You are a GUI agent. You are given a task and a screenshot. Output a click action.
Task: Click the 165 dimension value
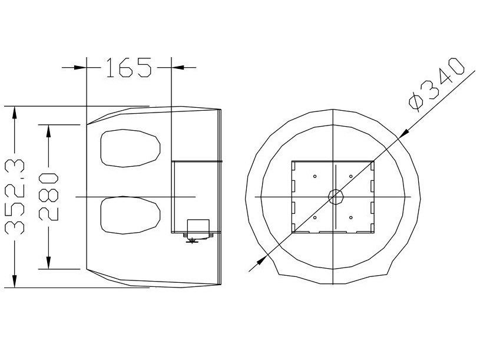tap(128, 67)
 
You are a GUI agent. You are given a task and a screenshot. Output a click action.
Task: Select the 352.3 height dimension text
tap(14, 197)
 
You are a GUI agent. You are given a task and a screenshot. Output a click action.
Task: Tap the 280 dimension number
tap(48, 197)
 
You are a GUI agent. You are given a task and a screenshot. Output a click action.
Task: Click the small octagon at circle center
tap(335, 197)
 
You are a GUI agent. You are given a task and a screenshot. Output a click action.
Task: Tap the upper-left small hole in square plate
tap(315, 176)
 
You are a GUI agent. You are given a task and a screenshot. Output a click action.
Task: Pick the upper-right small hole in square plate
tap(351, 176)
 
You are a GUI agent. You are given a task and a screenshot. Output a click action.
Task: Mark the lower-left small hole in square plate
tap(315, 217)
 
